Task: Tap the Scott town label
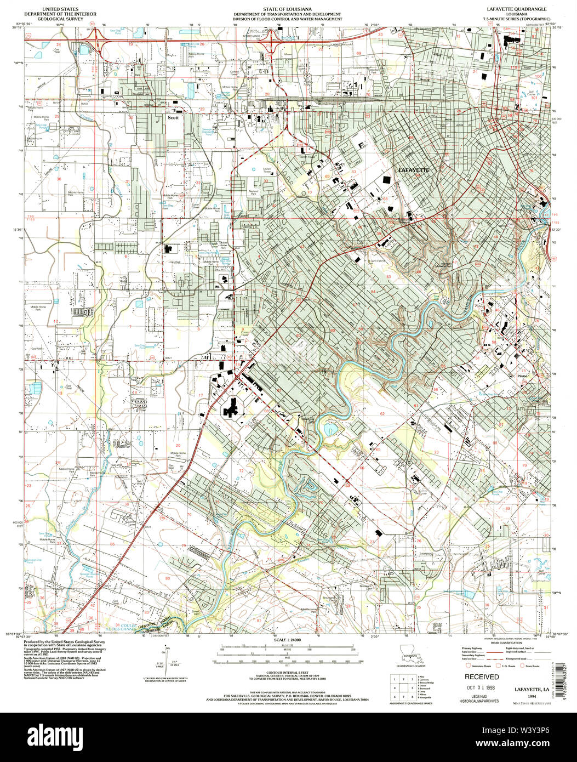coord(174,117)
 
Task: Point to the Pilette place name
coord(522,376)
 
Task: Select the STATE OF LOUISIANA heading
coord(288,10)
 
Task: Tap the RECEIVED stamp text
coord(482,677)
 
